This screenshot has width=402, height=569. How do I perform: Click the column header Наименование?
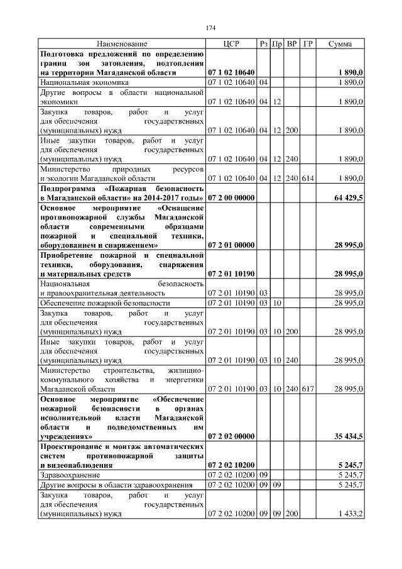[x=122, y=44]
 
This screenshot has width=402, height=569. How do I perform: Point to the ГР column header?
[x=308, y=44]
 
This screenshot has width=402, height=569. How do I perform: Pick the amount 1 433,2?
[x=350, y=514]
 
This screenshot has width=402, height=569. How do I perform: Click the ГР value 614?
[x=308, y=179]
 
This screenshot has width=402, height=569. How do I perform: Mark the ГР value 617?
[x=308, y=389]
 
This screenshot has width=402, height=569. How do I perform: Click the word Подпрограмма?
[x=69, y=188]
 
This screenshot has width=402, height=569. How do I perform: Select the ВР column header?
[x=292, y=44]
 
